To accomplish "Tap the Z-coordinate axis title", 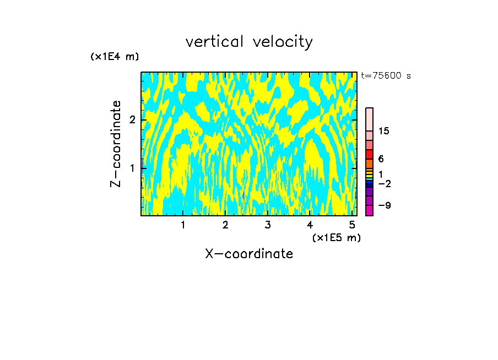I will [x=116, y=144].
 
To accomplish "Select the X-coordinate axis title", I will [x=249, y=254].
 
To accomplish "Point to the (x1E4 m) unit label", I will [x=115, y=57].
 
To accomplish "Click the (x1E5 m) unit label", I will [x=336, y=237].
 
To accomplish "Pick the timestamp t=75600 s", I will [x=386, y=76].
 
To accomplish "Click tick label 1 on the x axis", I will [x=183, y=225].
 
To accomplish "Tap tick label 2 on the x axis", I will [x=225, y=225].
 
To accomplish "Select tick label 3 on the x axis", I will [x=267, y=225].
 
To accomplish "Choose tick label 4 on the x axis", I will [x=310, y=225].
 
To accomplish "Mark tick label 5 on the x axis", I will [x=351, y=225].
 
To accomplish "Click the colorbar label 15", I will [x=384, y=131].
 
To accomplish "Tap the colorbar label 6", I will [x=381, y=159].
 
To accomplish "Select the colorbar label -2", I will [x=384, y=183].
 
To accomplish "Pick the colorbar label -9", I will [x=384, y=205].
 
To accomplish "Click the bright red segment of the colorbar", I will [x=369, y=154].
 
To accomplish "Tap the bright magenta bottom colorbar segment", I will [x=369, y=210].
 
